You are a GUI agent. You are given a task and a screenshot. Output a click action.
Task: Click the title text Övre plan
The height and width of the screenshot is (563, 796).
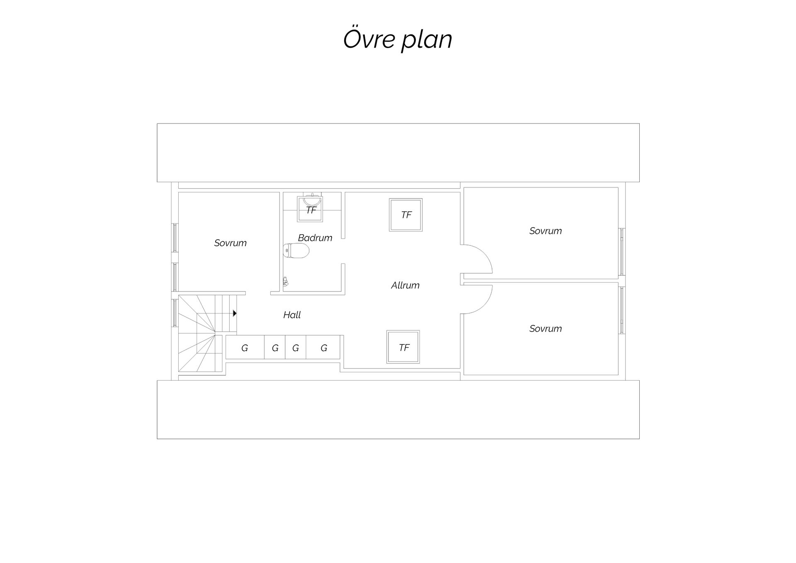point(398,39)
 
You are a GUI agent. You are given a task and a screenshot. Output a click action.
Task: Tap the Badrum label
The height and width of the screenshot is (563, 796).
point(315,238)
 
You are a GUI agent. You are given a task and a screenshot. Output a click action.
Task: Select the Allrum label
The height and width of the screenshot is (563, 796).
point(405,285)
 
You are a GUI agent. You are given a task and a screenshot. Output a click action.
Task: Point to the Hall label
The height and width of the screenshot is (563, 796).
point(292,315)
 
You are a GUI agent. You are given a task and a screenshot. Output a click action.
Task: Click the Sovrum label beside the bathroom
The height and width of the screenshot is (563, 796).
point(230,243)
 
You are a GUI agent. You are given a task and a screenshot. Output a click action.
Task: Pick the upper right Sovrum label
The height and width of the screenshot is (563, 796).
point(545,231)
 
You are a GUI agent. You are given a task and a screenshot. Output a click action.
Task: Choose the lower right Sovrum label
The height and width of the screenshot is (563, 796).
point(545,329)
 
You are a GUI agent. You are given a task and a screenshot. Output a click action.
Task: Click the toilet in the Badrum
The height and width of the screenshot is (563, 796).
point(296,251)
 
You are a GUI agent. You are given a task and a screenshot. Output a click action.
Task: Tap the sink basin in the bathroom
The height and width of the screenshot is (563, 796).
point(312,200)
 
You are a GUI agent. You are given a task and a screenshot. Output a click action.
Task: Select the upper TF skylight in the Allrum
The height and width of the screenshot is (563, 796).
point(406,215)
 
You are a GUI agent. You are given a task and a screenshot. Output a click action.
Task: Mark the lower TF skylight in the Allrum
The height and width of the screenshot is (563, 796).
point(403,347)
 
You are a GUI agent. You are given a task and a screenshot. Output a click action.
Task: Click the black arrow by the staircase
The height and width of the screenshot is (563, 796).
point(235,313)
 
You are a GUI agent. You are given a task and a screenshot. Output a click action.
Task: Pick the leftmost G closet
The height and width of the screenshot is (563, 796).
point(245,347)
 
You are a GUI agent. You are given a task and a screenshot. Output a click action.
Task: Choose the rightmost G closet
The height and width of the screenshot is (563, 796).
point(323,347)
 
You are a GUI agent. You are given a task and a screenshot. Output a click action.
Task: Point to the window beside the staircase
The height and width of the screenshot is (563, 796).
point(175,313)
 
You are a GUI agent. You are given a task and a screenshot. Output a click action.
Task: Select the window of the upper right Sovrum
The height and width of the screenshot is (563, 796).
point(622,252)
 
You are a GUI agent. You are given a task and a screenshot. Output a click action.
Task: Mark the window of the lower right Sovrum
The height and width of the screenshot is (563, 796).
point(622,310)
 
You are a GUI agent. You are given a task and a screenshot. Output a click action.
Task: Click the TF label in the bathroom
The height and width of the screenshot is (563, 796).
point(311,210)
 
